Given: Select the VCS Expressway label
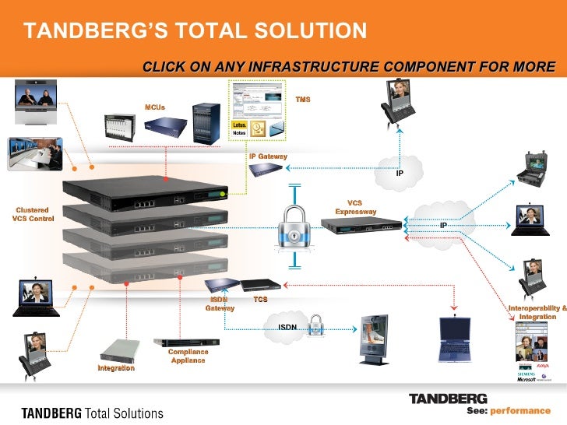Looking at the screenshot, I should [356, 207].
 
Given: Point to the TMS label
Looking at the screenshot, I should [302, 100].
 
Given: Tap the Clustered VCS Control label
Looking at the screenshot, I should [33, 214].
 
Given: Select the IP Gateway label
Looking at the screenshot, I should [268, 156].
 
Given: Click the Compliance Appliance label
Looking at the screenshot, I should [188, 357].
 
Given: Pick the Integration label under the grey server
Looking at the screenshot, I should [116, 367].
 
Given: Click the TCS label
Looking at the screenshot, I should [261, 299].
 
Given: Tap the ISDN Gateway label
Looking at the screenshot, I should [220, 304].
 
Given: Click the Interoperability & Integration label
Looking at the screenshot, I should [537, 313].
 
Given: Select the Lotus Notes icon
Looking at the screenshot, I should [241, 129].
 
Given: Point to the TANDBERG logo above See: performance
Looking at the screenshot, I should [448, 399].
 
